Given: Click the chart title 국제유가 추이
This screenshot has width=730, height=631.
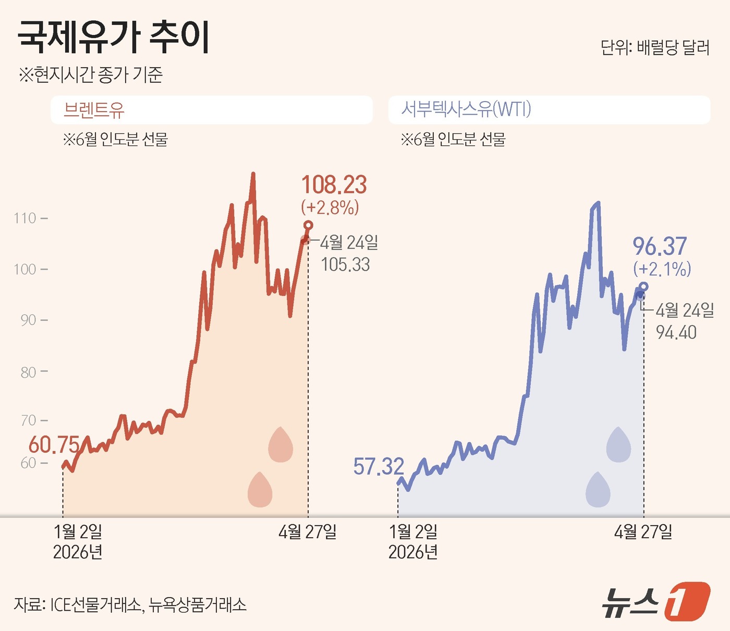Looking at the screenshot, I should click(114, 37).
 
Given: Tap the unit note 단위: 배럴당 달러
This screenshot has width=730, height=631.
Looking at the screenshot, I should click(655, 47).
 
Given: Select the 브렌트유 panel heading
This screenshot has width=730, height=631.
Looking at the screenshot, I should click(94, 110).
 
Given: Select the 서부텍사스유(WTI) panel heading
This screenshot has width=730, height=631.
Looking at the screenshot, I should click(466, 109).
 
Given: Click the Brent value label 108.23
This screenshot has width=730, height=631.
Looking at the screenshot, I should click(334, 185).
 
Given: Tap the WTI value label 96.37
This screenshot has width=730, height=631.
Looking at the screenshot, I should click(660, 246).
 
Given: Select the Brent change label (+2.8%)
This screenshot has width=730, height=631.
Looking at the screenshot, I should click(330, 207).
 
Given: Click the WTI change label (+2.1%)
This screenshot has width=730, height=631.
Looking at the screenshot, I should click(662, 269).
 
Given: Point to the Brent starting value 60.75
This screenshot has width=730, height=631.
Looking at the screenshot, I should click(54, 445).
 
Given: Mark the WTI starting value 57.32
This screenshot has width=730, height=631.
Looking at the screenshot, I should click(379, 466).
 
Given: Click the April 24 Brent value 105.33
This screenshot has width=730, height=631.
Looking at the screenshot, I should click(345, 265).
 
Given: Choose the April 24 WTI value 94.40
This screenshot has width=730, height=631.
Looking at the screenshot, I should click(676, 332).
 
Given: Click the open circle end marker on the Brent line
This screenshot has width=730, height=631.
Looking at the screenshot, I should click(308, 225).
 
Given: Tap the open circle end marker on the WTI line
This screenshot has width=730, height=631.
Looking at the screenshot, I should click(643, 287).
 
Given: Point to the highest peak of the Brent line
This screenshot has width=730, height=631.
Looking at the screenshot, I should click(253, 174).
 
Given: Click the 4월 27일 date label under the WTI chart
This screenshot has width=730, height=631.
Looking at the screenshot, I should click(643, 532).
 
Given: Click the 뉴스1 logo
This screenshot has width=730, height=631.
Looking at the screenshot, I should click(656, 602).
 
